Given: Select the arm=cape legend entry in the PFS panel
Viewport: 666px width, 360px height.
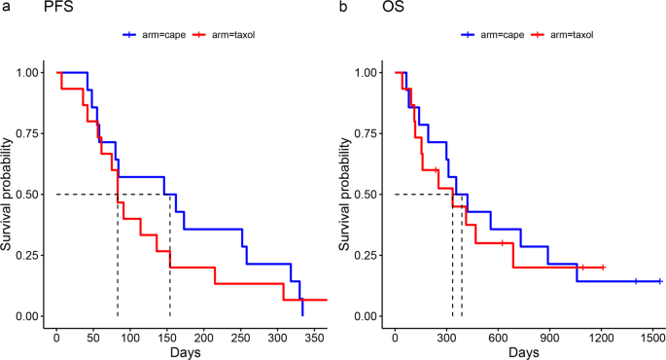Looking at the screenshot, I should pyautogui.click(x=147, y=35).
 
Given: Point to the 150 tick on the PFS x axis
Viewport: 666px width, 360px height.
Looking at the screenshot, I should pyautogui.click(x=167, y=336).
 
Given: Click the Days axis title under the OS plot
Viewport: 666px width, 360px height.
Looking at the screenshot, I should pyautogui.click(x=524, y=351).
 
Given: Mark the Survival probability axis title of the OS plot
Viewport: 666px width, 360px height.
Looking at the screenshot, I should pyautogui.click(x=347, y=195).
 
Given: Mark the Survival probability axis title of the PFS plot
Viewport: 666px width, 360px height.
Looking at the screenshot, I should pyautogui.click(x=9, y=195).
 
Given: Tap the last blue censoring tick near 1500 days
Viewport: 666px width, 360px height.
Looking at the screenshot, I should pyautogui.click(x=660, y=281).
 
